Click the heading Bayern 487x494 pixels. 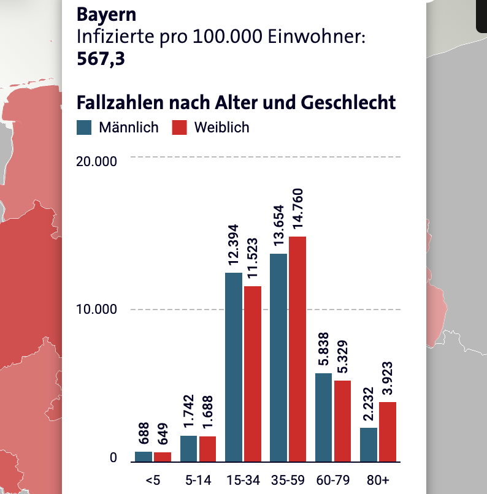coord(107,14)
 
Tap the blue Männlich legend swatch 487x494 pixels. coord(84,127)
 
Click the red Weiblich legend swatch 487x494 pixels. coord(178,127)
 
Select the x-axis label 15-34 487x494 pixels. coord(243,480)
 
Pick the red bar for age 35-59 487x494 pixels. coord(297,349)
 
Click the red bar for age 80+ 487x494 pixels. coord(387,431)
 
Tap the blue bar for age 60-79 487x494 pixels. coord(323,417)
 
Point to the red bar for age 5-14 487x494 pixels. coord(207,449)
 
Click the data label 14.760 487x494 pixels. coord(298,209)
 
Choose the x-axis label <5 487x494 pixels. coord(153,480)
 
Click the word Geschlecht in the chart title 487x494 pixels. coord(348,102)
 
